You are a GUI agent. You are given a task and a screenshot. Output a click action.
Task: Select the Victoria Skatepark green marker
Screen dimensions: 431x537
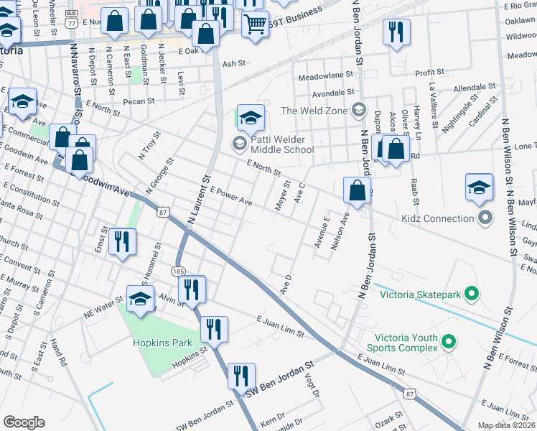(x=471, y=294)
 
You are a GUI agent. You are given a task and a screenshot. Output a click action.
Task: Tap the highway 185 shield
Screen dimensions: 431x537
(x=179, y=271)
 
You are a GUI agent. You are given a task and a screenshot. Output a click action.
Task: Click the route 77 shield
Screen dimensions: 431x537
(x=71, y=22)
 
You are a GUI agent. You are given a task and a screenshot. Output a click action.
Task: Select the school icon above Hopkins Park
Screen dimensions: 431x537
(x=141, y=299)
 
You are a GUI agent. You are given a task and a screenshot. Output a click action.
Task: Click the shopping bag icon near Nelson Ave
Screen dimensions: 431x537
(x=357, y=190)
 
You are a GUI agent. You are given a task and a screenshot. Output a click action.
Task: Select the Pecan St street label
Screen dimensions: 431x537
(x=139, y=101)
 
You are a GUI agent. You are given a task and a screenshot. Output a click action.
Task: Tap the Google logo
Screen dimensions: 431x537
(x=24, y=422)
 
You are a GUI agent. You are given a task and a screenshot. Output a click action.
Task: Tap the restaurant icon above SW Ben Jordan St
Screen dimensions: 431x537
(x=241, y=376)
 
